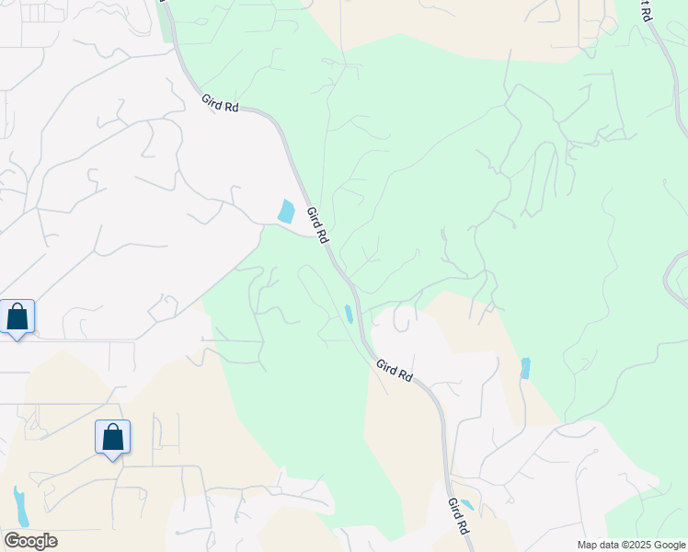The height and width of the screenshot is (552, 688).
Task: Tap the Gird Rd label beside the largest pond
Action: pyautogui.click(x=317, y=224)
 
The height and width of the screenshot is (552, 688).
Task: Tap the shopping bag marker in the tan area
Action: pyautogui.click(x=112, y=436)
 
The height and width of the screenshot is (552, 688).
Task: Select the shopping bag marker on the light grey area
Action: pyautogui.click(x=17, y=316)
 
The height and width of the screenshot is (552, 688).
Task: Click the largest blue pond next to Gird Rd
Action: pyautogui.click(x=287, y=212)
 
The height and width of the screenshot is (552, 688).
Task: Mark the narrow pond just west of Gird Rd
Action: pyautogui.click(x=349, y=314)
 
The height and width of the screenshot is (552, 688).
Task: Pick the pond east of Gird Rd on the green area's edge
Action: pyautogui.click(x=524, y=368)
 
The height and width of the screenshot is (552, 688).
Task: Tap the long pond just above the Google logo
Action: pyautogui.click(x=20, y=505)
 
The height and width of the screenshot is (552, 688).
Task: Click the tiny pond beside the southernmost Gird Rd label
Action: pyautogui.click(x=466, y=504)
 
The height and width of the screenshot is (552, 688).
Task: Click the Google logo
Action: pyautogui.click(x=30, y=541)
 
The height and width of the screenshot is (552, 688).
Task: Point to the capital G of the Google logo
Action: pyautogui.click(x=12, y=541)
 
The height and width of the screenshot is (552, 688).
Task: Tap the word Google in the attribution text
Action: pyautogui.click(x=670, y=545)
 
